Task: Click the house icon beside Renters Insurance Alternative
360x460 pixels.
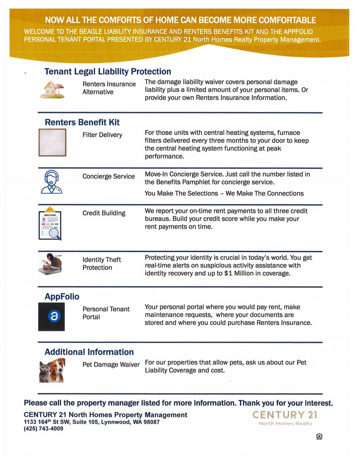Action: point(52,89)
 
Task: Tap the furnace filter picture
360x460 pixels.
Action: point(52,142)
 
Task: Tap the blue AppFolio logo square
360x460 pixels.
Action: point(51,316)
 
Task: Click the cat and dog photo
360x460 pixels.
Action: point(51,371)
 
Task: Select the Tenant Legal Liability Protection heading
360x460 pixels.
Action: point(108,72)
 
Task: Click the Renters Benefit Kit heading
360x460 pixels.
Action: point(82,122)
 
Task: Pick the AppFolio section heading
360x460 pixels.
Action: point(62,296)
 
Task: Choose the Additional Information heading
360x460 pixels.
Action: point(89,352)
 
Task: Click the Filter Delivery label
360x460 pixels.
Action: point(102,135)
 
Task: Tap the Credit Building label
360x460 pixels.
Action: point(104,213)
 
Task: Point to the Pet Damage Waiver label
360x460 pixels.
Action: point(111,365)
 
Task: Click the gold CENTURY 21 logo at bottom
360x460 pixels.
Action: point(285,415)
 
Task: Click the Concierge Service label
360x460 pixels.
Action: point(109,176)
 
